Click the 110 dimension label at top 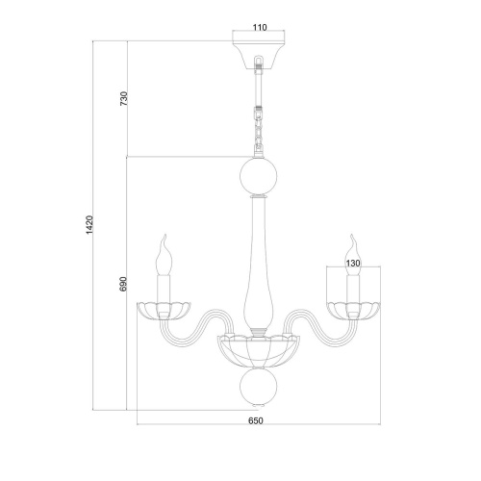[x=260, y=28]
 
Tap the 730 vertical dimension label [x=124, y=99]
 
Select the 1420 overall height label [x=89, y=224]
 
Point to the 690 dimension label [x=123, y=284]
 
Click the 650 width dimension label [x=256, y=420]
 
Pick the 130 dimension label [x=353, y=264]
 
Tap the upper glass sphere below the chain [x=259, y=176]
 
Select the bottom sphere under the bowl [x=259, y=387]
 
